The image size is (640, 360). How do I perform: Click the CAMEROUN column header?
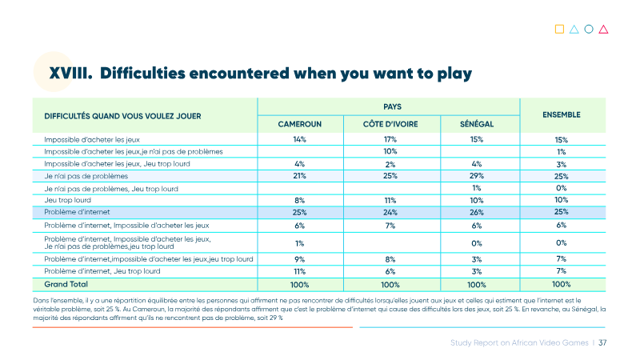[299, 124]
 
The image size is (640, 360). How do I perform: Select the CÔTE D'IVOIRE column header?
[390, 124]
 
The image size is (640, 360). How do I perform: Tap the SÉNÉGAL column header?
[477, 124]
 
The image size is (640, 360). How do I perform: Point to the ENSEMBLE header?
[562, 114]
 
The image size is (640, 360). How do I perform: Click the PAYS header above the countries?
[392, 106]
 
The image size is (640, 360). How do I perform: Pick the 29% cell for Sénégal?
[477, 175]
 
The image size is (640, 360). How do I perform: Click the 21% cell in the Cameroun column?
[299, 175]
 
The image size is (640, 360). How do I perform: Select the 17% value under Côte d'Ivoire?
[390, 139]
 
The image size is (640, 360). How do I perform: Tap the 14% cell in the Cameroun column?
[299, 139]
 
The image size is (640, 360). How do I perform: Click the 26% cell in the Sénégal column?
[477, 212]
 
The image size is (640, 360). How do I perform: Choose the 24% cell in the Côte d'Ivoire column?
[390, 212]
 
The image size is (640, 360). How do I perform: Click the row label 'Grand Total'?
[66, 284]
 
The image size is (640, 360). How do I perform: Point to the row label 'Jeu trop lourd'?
[68, 200]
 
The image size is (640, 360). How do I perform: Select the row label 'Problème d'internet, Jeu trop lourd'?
[102, 271]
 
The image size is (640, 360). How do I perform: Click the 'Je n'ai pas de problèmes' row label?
[86, 176]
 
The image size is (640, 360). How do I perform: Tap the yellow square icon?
[559, 29]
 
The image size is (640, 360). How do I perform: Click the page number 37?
[602, 343]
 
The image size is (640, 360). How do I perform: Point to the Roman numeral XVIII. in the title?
[70, 74]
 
